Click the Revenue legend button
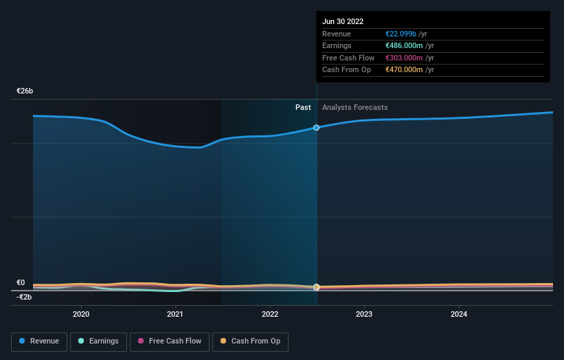39,341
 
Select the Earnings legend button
98,341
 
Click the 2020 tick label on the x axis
81,315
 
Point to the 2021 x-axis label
175,315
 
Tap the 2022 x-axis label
270,315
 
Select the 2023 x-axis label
364,315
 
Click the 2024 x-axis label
459,315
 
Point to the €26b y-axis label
25,91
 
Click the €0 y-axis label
21,282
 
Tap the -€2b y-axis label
25,297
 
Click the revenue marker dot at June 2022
316,128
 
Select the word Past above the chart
303,108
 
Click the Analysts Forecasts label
354,108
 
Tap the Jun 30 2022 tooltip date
343,21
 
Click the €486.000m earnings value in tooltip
404,46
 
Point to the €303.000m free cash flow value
404,58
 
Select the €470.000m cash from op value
404,69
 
